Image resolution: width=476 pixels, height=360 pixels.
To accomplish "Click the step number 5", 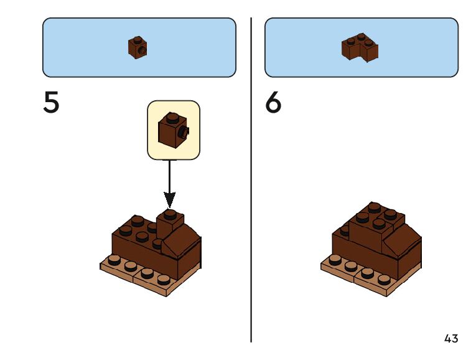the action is (52, 103).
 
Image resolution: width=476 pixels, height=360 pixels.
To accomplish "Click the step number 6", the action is (273, 103).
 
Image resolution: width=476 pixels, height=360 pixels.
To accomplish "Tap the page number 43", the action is (451, 339).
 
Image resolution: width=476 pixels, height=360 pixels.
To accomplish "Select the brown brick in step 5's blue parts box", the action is (138, 47).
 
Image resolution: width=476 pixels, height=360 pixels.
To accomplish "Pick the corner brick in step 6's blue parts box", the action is (360, 48).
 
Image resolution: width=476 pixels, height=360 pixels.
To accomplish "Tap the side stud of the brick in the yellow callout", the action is (184, 132).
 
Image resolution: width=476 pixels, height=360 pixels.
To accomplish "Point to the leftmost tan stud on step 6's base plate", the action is (335, 258).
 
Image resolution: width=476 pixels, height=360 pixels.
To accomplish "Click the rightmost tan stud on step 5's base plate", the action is (163, 278).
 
